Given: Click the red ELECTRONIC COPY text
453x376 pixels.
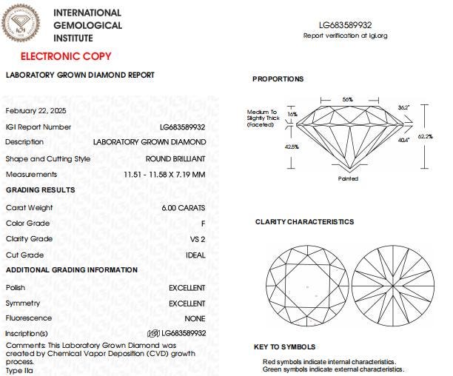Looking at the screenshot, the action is click(x=66, y=56).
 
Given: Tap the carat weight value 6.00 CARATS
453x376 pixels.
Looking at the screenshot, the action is click(x=184, y=207).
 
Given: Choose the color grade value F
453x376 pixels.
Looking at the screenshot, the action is click(x=203, y=223).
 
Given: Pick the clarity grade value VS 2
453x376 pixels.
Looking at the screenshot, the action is click(x=197, y=239).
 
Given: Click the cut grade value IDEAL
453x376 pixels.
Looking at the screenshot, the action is click(x=195, y=255).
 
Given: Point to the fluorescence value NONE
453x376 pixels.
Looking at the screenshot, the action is click(x=195, y=318).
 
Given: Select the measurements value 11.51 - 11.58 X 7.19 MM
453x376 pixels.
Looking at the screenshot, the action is click(x=164, y=175).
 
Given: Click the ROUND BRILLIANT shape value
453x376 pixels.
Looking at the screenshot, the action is click(x=175, y=158).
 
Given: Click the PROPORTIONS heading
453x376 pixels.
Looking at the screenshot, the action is click(x=278, y=79).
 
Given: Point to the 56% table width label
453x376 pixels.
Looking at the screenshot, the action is click(x=347, y=98).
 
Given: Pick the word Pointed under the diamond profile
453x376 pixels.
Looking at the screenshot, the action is click(x=348, y=178).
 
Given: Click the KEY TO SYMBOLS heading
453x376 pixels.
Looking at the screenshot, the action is click(x=284, y=346).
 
